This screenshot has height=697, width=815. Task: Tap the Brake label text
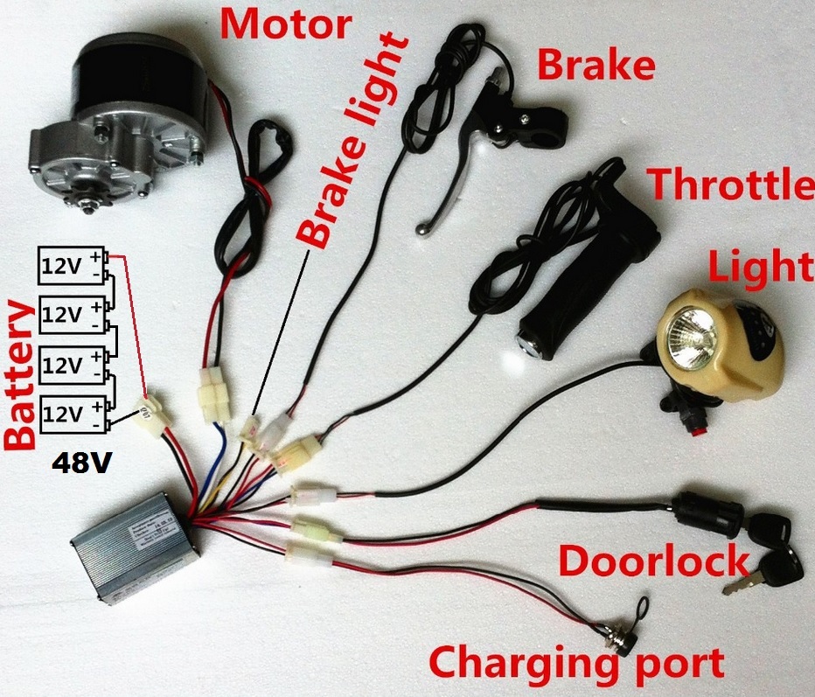pos(595,66)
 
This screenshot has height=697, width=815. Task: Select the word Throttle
pos(729,186)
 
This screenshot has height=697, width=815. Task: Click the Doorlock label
pos(654,561)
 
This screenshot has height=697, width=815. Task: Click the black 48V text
pos(80,463)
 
